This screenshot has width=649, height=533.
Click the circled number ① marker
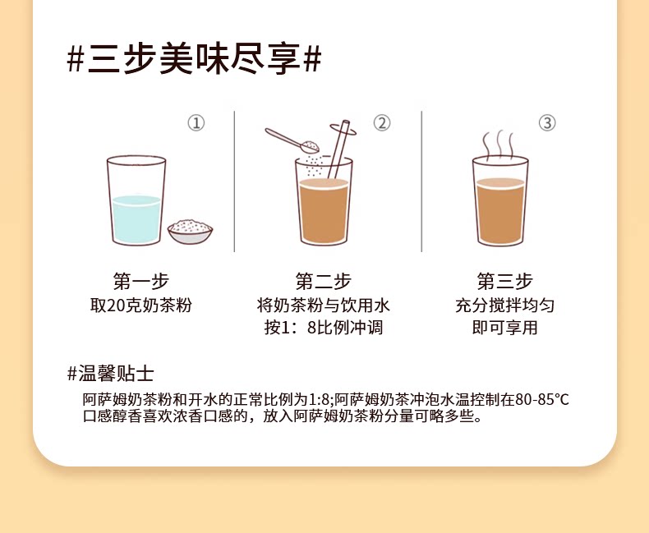[196, 123]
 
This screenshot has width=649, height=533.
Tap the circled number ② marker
[382, 123]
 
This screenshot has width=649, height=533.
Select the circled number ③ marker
[547, 123]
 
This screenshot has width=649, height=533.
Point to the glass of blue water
[136, 200]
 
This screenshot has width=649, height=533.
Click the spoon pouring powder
[292, 140]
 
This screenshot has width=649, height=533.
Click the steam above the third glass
[499, 145]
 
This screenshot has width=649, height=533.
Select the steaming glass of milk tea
[500, 201]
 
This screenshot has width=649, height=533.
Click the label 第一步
[141, 282]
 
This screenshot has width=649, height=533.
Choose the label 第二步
[323, 282]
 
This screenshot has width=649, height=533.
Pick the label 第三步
[505, 282]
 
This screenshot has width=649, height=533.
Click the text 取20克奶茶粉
[141, 306]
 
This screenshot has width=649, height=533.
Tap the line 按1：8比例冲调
[323, 328]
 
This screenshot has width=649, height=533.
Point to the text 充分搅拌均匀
[505, 306]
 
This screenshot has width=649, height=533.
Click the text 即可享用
[505, 328]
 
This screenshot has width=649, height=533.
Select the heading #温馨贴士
[111, 374]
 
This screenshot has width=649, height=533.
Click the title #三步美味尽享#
[194, 60]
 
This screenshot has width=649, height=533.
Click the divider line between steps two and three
[421, 181]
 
